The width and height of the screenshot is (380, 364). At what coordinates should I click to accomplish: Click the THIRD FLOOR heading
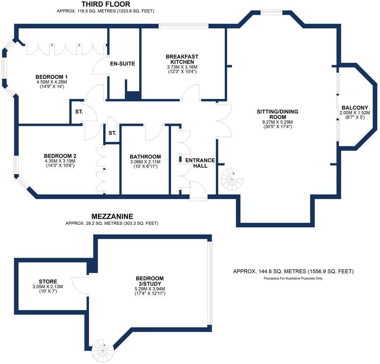106,4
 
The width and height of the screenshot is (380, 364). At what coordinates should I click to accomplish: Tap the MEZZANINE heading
112,217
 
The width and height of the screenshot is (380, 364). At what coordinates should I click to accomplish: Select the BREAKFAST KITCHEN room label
182,59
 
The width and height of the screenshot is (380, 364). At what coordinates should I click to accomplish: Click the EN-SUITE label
122,64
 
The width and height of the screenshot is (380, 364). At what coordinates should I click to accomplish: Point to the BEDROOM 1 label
51,77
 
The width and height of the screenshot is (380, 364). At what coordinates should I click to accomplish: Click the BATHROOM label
145,157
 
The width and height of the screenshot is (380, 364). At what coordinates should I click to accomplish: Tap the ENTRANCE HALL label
200,163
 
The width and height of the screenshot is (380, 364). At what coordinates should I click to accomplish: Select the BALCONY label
355,108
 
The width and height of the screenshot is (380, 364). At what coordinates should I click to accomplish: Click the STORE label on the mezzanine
48,281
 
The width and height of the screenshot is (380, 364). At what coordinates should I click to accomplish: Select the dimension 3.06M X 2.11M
145,162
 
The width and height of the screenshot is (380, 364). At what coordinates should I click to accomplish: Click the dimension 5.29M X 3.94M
150,289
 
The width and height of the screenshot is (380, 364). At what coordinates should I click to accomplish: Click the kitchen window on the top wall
183,25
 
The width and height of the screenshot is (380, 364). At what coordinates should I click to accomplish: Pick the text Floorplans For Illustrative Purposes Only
293,278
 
